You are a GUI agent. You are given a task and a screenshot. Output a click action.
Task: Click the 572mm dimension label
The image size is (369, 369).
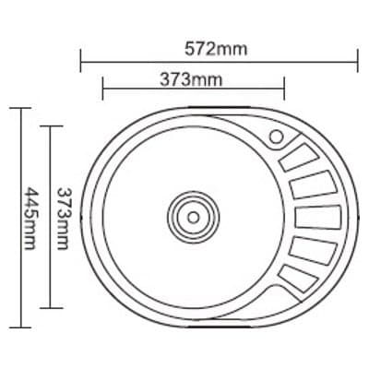216,49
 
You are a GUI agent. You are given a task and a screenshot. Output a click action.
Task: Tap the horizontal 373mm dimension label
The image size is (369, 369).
191,80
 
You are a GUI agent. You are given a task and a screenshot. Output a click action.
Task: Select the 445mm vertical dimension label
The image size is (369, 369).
30,219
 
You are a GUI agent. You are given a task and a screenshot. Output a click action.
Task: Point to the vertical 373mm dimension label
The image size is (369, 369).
63,219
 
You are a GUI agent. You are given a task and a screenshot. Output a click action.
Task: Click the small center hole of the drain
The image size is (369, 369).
194,218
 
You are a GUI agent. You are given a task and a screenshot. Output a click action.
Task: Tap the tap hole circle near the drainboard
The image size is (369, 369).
277,137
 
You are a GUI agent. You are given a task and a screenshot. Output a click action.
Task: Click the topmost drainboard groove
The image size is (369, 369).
298,158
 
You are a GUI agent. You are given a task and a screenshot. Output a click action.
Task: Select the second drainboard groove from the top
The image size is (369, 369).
313,185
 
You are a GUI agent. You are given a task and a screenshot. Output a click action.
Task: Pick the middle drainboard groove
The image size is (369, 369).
318,218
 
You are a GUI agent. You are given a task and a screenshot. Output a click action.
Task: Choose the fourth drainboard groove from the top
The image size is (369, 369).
313,250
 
